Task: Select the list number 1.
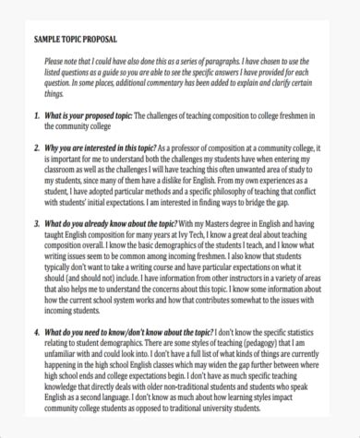35,115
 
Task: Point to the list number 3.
35,223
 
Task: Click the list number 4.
35,332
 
